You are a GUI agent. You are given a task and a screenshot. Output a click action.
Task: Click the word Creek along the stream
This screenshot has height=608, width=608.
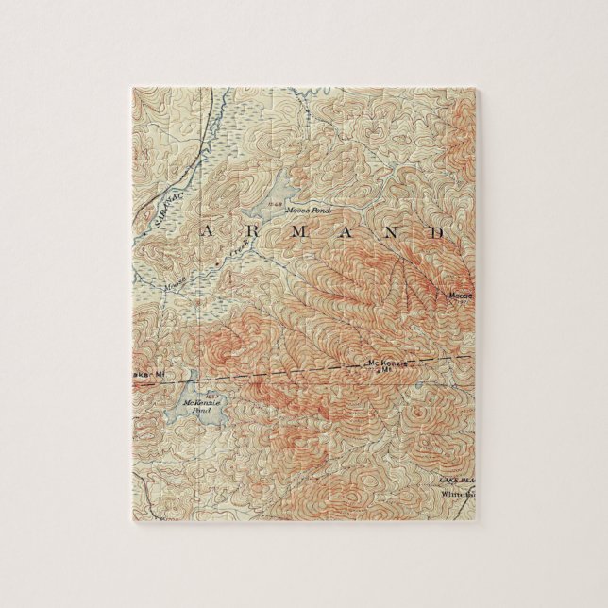click(240, 247)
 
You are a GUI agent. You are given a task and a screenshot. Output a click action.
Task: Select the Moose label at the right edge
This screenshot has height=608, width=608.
click(459, 296)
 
